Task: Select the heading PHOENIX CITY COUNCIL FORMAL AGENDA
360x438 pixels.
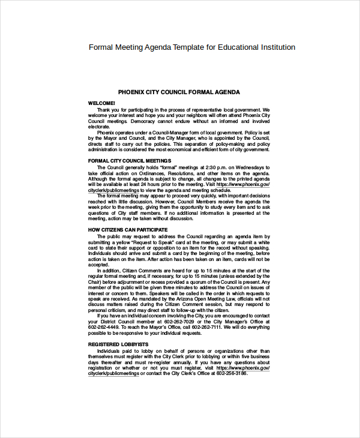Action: (x=179, y=92)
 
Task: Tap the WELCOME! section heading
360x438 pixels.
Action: (x=101, y=103)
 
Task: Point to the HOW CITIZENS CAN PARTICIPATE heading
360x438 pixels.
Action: (x=128, y=229)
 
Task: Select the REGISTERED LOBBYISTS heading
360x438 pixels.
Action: (x=118, y=344)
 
